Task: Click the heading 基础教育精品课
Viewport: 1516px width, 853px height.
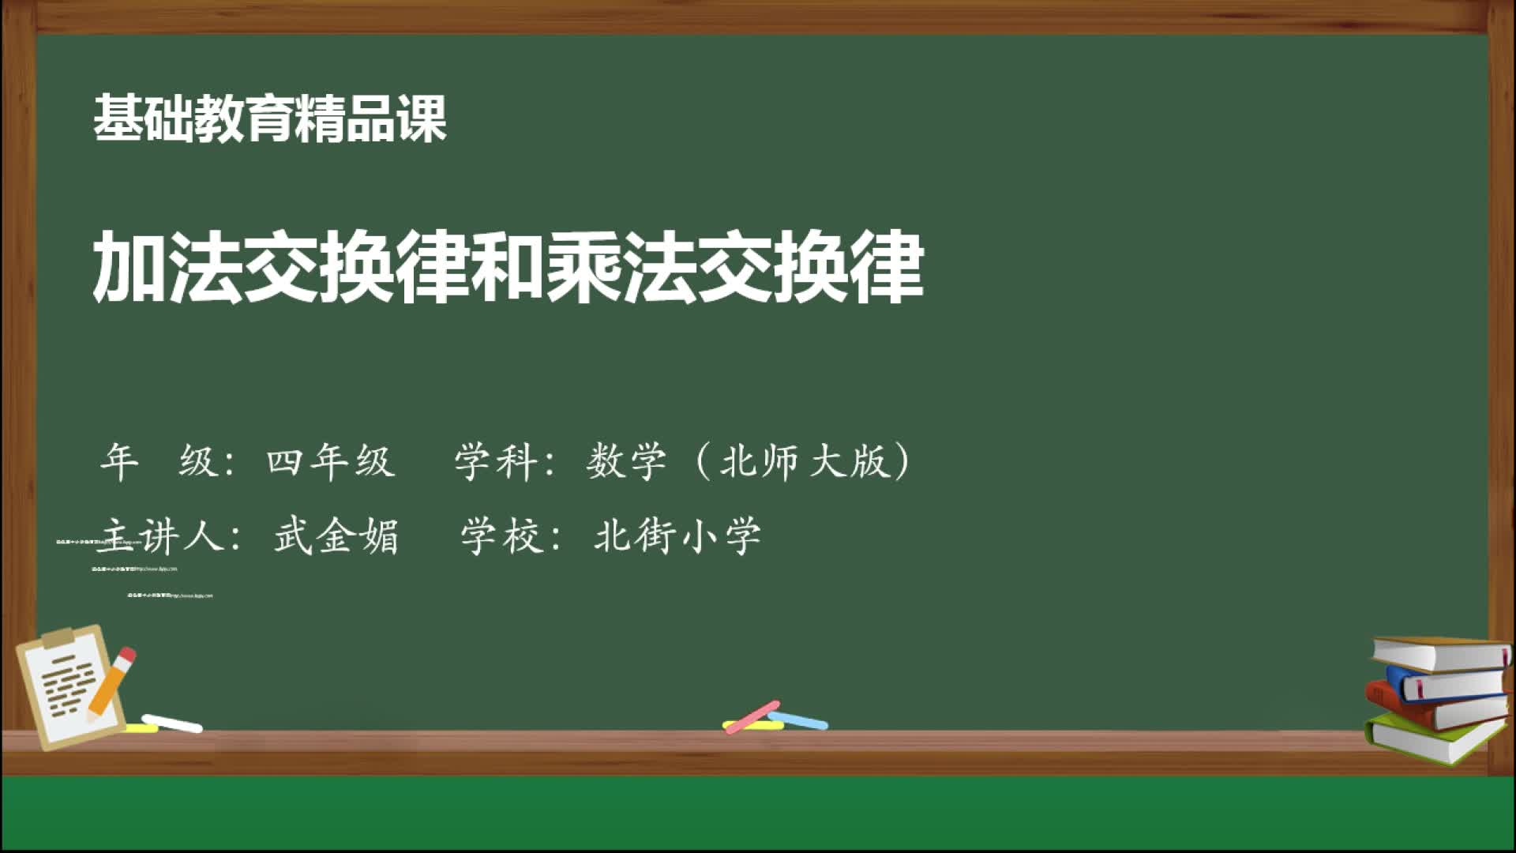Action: click(270, 118)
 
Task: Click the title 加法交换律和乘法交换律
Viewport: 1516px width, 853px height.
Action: click(508, 268)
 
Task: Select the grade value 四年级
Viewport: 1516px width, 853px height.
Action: click(330, 460)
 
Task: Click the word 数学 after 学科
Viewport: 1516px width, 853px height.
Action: click(626, 460)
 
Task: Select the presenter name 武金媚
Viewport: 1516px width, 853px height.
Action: click(336, 536)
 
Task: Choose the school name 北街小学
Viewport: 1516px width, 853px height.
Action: click(677, 536)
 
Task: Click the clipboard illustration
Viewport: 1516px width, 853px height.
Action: click(67, 687)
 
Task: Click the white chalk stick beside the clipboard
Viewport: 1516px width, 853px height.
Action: click(172, 723)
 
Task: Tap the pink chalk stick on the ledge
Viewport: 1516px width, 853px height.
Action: click(752, 717)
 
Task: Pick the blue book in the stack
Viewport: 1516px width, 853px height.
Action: click(1445, 684)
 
